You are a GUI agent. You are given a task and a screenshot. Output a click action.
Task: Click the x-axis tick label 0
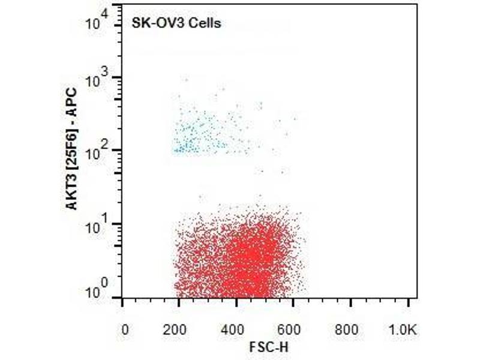tap(124, 329)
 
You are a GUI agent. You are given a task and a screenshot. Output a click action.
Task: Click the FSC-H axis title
tap(265, 347)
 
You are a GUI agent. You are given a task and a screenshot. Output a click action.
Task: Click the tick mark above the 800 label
tap(351, 302)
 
